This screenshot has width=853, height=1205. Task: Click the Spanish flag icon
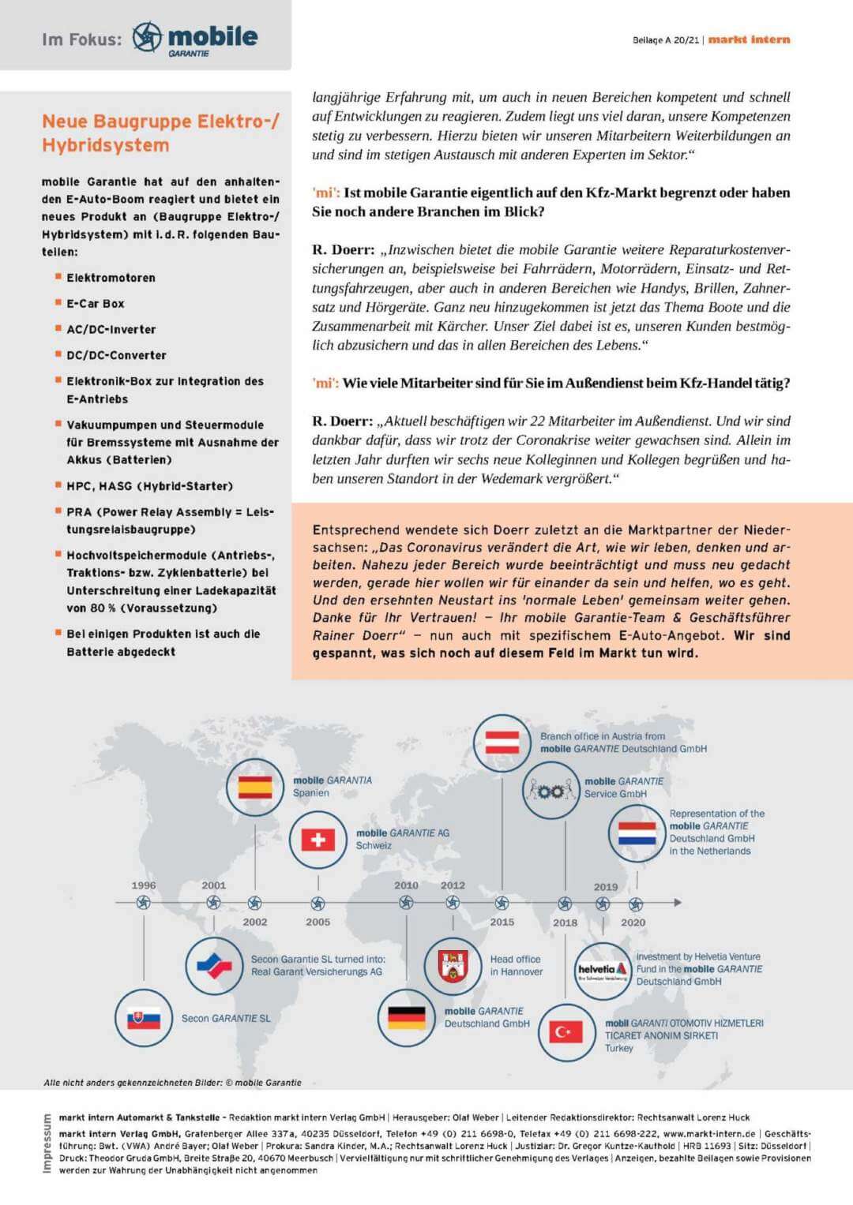coord(254,787)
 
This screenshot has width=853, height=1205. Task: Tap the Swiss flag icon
coord(318,839)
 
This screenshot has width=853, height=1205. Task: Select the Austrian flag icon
coord(502,743)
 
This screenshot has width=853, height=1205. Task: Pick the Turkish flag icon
coord(566,1031)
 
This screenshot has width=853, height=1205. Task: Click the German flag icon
coord(406,1018)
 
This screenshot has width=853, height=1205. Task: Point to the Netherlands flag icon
coord(637,833)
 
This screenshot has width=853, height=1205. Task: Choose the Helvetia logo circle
coord(603,971)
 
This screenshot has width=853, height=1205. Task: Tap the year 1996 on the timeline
coord(144,885)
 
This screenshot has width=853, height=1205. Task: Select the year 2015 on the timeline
coord(502,922)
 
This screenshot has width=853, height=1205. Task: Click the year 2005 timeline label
coord(318,922)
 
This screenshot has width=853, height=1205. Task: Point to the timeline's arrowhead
coord(678,902)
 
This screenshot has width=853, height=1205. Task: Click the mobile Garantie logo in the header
coord(195,38)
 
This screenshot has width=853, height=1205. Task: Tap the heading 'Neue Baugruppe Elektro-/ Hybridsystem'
coord(160,133)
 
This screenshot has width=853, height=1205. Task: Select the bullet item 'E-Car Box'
coord(95,304)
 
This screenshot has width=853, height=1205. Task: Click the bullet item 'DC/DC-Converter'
coord(116,355)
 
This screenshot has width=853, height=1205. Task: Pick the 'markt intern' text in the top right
coord(749,39)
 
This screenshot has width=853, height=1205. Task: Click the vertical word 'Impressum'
coord(47,1143)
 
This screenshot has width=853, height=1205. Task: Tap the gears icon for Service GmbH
coord(551,790)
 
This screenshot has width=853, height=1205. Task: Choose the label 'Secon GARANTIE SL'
coord(226,1018)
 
